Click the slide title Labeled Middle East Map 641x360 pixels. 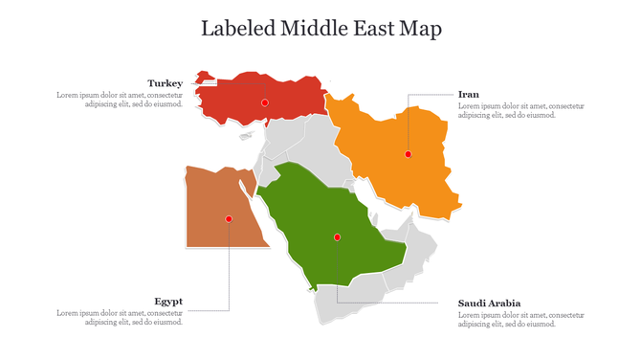[x=320, y=29]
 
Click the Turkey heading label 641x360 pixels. [x=165, y=83]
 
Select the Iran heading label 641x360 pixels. [x=469, y=94]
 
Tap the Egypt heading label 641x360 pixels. [x=168, y=302]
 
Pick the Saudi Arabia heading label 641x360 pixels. [x=489, y=304]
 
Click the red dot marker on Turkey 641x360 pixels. [x=265, y=101]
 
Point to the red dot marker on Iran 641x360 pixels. [x=408, y=154]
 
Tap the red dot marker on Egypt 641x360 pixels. [x=229, y=219]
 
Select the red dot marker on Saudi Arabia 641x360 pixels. [x=337, y=236]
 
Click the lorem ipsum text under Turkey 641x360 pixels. [x=120, y=100]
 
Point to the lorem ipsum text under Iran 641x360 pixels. [x=520, y=110]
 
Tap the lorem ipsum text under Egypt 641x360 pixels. [x=120, y=318]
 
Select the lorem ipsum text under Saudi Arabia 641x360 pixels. [x=520, y=319]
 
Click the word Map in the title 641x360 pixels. [x=421, y=29]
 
